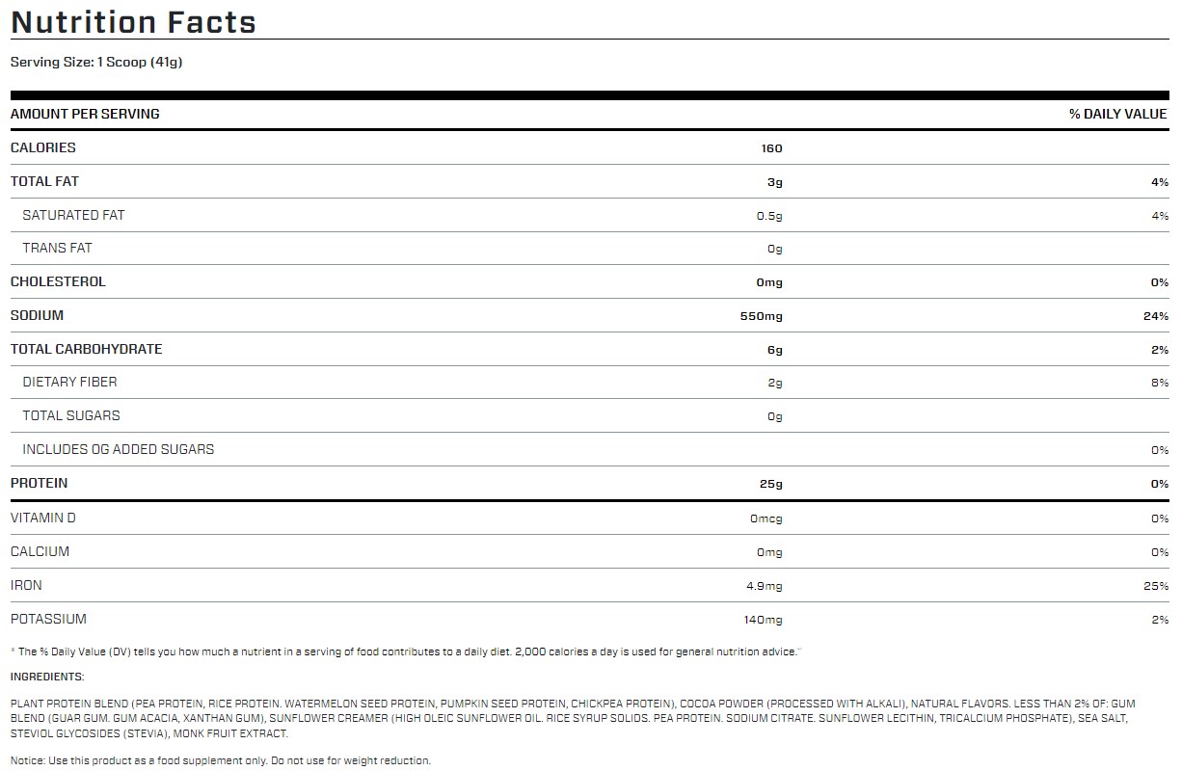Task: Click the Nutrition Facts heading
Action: point(133,22)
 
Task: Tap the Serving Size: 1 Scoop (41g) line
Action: point(96,63)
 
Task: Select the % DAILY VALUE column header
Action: point(1118,114)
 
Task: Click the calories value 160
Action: point(770,148)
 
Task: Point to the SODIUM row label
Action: point(37,315)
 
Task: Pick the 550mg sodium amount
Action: point(762,316)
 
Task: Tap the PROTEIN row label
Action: point(39,483)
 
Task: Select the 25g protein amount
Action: point(770,484)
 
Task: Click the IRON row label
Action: point(26,585)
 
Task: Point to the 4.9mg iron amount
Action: point(765,586)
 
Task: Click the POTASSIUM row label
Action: point(48,619)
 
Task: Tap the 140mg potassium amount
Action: point(763,620)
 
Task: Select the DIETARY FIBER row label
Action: point(69,382)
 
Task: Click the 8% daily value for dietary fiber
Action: point(1160,383)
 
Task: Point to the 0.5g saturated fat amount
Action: point(769,216)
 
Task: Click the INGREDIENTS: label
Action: point(47,677)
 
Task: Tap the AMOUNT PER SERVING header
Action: point(85,114)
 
